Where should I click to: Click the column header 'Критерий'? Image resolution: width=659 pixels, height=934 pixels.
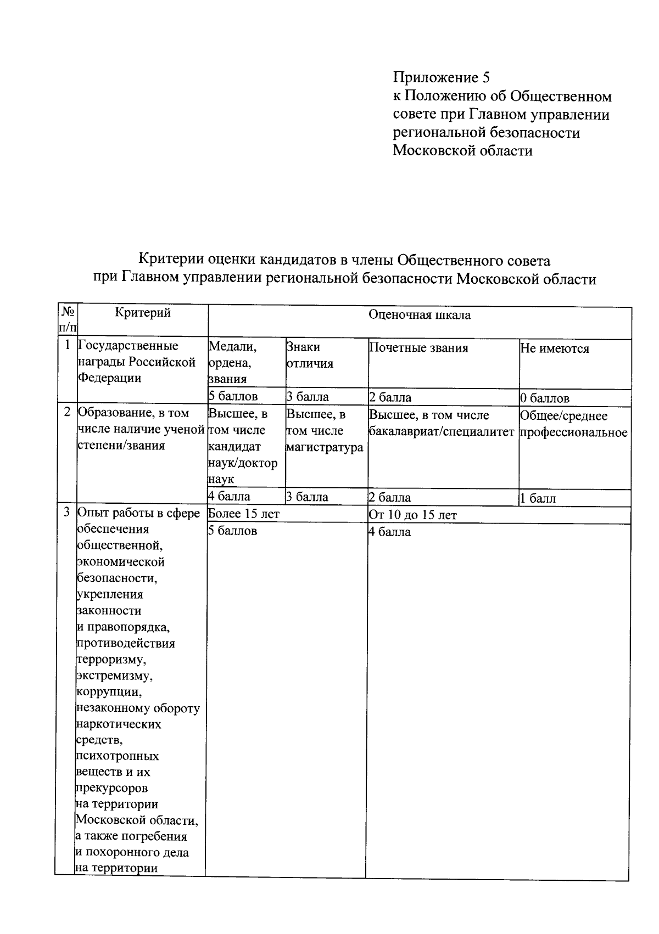tap(143, 313)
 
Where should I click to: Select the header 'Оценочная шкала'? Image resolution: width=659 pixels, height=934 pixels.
tap(420, 315)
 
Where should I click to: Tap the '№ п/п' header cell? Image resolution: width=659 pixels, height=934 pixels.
tap(68, 319)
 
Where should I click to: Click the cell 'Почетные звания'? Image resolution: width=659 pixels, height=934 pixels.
tap(418, 348)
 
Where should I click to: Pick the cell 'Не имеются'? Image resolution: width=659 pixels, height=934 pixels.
tap(554, 349)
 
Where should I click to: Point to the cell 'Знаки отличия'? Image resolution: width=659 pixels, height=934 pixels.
tap(310, 355)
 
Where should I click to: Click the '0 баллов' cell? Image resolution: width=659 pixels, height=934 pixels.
tap(544, 398)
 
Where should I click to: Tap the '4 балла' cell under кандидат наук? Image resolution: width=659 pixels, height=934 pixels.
tap(229, 497)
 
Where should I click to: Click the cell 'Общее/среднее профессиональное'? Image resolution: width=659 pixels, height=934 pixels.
tap(573, 424)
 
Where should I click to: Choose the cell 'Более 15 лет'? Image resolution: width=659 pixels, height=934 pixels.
tap(244, 514)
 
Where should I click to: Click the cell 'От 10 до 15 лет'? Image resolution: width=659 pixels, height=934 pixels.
tap(412, 515)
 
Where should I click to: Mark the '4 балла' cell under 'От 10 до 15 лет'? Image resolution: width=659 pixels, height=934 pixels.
tap(389, 532)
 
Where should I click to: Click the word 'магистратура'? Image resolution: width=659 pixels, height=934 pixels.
tap(324, 447)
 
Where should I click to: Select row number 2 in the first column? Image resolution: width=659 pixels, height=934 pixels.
tap(67, 413)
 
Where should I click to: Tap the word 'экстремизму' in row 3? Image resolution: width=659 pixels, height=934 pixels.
tap(114, 676)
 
